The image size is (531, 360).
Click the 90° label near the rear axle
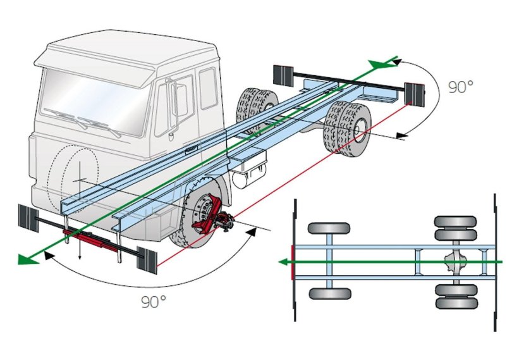(461, 87)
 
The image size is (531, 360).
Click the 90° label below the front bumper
(153, 302)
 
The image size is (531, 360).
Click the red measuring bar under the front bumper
(92, 240)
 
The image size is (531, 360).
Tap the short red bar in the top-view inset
(292, 261)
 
